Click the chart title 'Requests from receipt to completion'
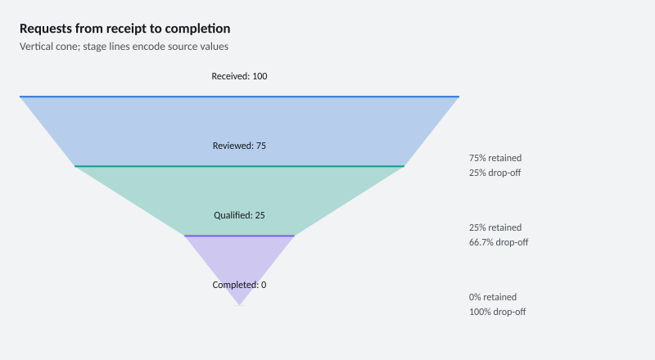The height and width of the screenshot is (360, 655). click(125, 29)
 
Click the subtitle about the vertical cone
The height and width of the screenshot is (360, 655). click(124, 47)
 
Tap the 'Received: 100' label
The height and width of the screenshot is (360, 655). click(239, 76)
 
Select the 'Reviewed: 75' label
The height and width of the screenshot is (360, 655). click(239, 146)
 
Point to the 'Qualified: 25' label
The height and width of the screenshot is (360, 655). click(239, 215)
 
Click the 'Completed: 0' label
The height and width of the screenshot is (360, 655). click(239, 285)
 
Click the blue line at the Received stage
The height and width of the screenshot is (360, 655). click(239, 97)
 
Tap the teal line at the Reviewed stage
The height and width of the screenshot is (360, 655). click(239, 166)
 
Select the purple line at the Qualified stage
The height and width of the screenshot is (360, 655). click(239, 236)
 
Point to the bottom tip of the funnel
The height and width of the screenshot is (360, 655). click(239, 305)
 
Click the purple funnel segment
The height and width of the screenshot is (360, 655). click(239, 259)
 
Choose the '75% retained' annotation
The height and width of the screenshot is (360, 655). click(495, 158)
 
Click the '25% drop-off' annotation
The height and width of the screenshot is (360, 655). click(495, 173)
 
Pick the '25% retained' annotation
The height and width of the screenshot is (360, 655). click(495, 227)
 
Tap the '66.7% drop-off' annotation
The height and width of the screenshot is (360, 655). click(499, 242)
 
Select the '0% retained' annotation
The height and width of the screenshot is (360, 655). click(493, 297)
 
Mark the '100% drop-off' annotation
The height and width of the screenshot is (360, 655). click(498, 312)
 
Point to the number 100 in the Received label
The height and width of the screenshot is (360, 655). click(260, 76)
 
